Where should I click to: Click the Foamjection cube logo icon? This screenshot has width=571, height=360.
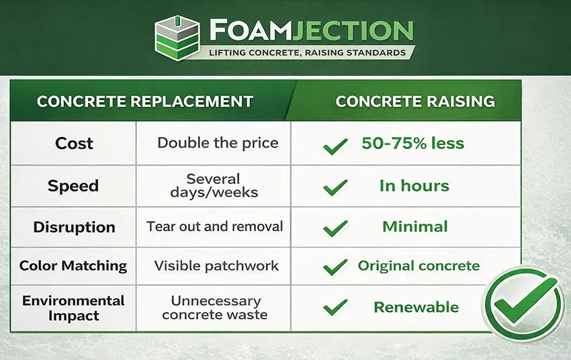[177, 39]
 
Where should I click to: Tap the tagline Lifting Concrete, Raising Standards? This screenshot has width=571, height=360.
[306, 52]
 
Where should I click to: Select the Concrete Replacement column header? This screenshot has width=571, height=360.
[144, 102]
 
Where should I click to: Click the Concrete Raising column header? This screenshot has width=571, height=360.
[415, 102]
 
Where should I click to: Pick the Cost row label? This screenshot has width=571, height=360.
[74, 143]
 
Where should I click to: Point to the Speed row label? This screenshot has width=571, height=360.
[73, 186]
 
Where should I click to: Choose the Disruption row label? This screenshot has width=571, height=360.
[74, 227]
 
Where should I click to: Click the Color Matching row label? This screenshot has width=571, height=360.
[73, 265]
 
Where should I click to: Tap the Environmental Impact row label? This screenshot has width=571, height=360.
[73, 308]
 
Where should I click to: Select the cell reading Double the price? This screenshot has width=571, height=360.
[217, 143]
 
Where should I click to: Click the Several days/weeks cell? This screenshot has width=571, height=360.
[213, 186]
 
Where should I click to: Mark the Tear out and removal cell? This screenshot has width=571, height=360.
[214, 226]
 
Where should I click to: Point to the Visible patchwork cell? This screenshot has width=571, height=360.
[216, 265]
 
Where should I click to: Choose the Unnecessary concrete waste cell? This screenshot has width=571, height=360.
[214, 308]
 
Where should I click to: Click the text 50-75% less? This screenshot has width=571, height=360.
[412, 143]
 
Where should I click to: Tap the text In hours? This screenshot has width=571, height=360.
[414, 186]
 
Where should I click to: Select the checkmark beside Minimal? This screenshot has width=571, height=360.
[335, 228]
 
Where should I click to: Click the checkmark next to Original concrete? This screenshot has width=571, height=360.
[335, 267]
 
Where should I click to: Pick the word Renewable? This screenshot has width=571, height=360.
[416, 308]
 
